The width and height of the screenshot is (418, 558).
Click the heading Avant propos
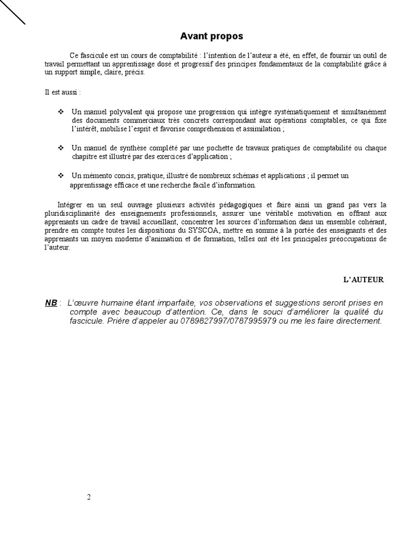tap(212, 37)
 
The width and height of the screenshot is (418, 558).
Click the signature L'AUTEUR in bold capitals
tap(363, 280)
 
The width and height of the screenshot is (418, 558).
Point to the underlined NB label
tap(51, 303)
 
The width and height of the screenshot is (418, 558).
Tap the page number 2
tap(88, 497)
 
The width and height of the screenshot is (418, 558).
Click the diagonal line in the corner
tap(13, 12)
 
